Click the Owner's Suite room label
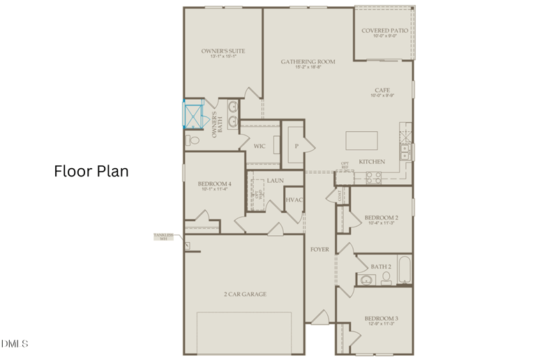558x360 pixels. pos(223,52)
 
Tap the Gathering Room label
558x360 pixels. pos(308,62)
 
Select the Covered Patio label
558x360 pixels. pos(384,31)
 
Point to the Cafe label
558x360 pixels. pos(382,91)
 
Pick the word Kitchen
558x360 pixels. pos(372,162)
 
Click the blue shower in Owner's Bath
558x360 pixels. pos(192,116)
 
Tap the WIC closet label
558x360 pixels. pos(259,147)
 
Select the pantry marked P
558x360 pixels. pos(296,147)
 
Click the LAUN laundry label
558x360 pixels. pos(274,181)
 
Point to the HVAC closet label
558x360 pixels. pos(293,200)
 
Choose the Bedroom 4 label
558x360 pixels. pos(214,183)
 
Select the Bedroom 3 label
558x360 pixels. pos(382,320)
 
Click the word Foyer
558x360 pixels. pos(319,249)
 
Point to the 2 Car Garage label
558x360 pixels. pos(245,294)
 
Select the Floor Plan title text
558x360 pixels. pos(91,171)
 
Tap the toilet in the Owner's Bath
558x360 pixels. pos(193,140)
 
